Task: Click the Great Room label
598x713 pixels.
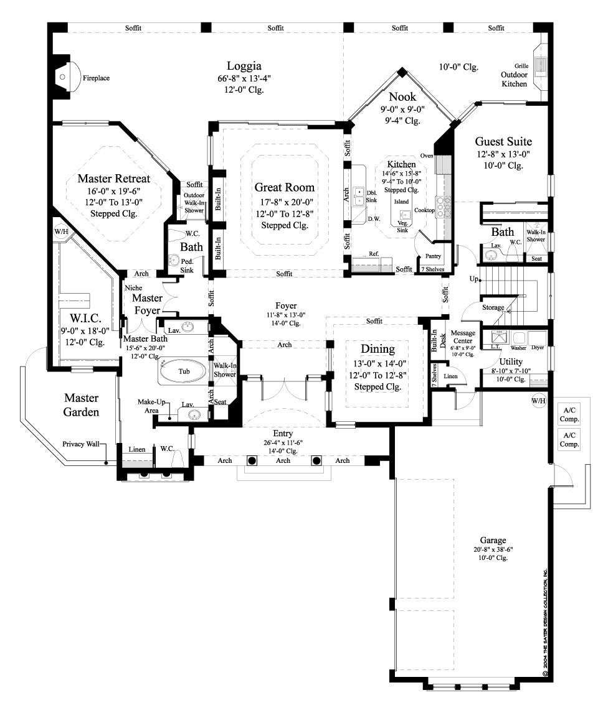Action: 284,187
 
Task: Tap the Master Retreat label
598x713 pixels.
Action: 114,179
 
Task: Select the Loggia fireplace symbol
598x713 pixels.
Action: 62,77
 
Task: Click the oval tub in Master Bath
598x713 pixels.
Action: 183,371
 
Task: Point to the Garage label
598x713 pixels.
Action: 492,540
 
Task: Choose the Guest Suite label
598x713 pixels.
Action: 503,141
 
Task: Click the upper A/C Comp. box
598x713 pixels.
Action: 569,414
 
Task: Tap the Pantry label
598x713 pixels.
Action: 433,256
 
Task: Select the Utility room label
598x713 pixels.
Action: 511,361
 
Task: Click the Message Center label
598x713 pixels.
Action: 463,337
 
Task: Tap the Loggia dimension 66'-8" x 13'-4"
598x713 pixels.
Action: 244,78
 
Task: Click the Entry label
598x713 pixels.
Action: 283,433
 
